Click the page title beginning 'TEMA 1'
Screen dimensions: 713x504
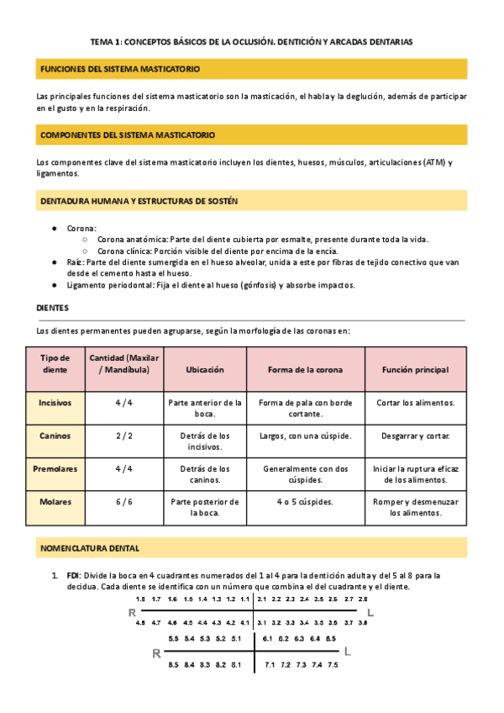252,41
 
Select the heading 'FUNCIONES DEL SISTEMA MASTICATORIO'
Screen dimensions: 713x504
120,69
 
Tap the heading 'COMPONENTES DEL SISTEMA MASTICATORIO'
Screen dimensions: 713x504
128,135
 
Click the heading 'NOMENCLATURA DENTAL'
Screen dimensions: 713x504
90,548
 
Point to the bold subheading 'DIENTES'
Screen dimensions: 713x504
53,309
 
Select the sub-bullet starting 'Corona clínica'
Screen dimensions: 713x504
218,251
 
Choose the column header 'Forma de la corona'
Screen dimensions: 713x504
305,370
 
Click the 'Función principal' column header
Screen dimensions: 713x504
415,370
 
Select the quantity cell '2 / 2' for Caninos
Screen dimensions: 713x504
123,436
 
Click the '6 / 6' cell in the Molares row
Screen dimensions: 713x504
123,502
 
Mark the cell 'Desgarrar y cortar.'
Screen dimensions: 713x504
415,436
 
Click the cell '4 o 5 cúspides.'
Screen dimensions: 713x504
305,502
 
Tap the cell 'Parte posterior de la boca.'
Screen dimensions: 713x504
205,507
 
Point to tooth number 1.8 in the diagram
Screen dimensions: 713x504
140,599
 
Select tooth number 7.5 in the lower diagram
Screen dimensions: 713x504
333,665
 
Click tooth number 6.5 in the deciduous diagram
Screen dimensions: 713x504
331,639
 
